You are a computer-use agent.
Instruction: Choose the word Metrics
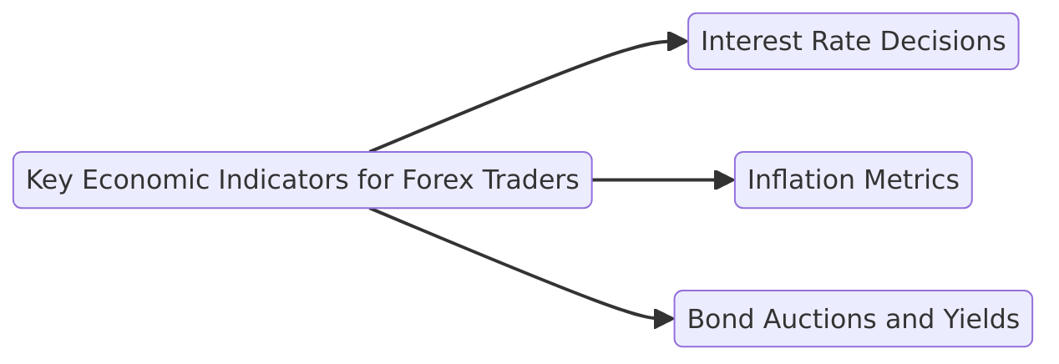[912, 179]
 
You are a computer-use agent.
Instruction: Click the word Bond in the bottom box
[714, 319]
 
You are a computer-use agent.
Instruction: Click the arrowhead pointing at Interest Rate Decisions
[677, 41]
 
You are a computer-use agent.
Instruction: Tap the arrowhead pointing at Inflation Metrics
[724, 179]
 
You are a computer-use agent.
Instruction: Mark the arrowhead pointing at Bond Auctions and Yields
[664, 319]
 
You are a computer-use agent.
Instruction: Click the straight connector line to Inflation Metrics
[651, 179]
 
